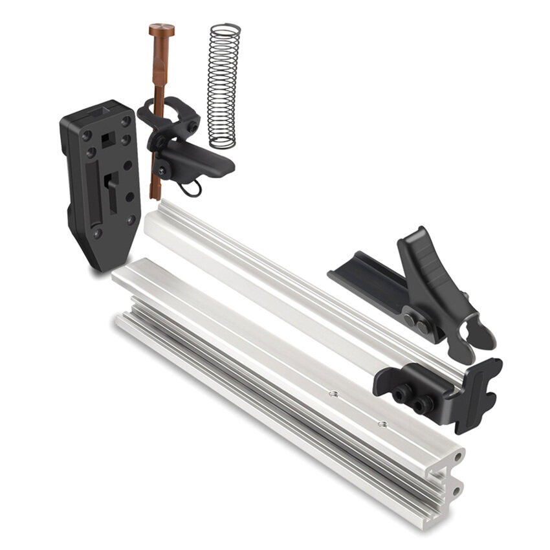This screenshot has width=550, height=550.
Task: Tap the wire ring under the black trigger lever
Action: click(x=190, y=188)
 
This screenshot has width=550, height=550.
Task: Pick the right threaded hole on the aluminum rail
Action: click(x=382, y=424)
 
